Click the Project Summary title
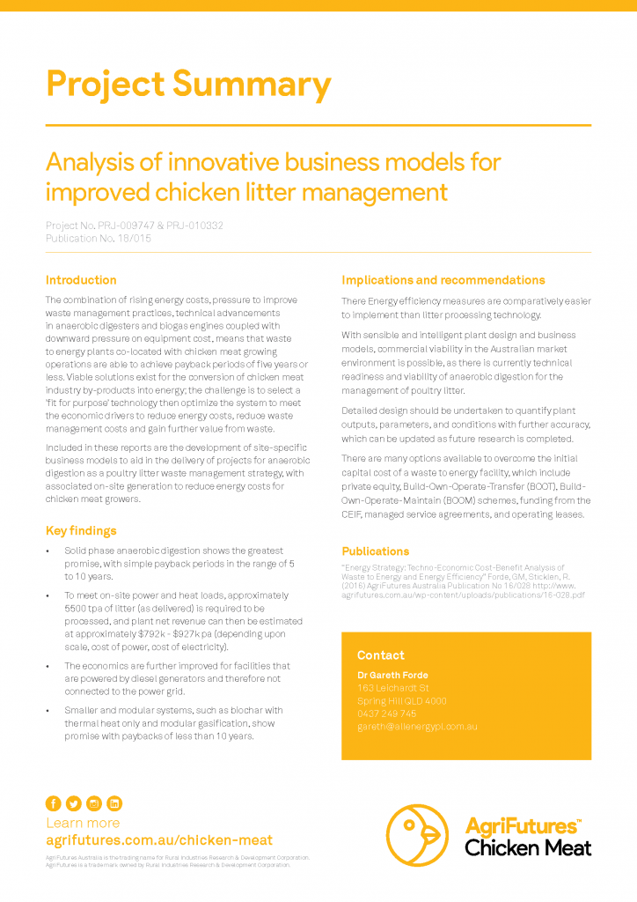point(188,85)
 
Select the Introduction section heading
point(81,280)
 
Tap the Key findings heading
point(81,530)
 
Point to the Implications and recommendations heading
point(443,280)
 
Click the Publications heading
point(376,551)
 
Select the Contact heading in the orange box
point(381,655)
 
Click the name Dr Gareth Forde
point(392,676)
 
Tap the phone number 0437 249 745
point(387,713)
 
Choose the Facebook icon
point(53,803)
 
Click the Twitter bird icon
point(73,803)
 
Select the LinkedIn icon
point(114,803)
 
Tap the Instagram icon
point(94,803)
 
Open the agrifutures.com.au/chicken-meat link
point(159,840)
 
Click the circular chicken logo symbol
point(417,835)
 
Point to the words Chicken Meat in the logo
point(528,848)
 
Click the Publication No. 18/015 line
point(99,238)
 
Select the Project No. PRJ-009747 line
point(135,225)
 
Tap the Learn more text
point(83,823)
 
